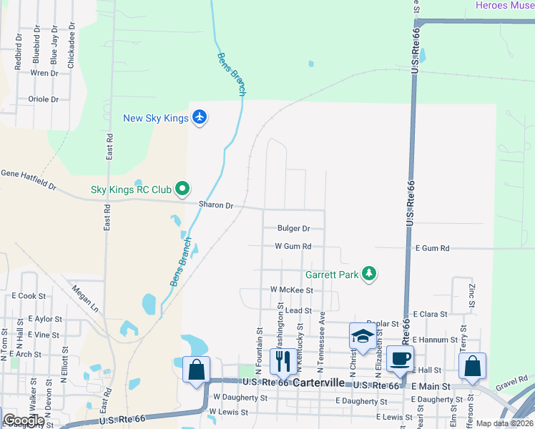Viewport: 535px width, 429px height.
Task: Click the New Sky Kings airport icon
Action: click(200, 118)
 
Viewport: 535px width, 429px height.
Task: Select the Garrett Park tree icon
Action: click(369, 274)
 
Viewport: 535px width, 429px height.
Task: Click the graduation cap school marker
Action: click(363, 337)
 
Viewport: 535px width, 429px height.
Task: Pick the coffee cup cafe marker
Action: click(400, 359)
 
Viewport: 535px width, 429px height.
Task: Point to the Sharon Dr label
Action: click(216, 205)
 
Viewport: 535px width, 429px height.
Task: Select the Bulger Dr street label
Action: click(293, 229)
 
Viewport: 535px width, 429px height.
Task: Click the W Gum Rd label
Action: click(293, 246)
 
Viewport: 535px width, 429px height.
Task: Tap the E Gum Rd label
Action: click(432, 248)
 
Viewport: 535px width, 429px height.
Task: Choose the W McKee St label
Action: click(291, 290)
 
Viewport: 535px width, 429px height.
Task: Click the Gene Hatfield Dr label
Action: click(29, 179)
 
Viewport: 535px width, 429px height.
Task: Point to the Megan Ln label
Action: click(85, 298)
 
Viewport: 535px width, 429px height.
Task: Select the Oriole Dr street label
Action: click(43, 99)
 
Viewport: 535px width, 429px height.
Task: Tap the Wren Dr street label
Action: click(44, 73)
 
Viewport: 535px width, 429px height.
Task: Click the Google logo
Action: click(23, 420)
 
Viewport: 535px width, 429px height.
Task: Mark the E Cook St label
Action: click(29, 295)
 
